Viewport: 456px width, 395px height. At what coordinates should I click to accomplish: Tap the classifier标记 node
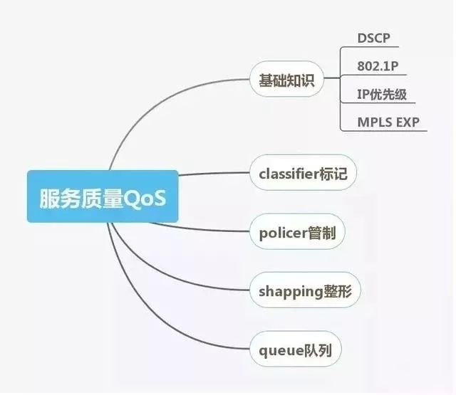(303, 173)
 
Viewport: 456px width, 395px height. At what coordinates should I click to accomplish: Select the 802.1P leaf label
(378, 66)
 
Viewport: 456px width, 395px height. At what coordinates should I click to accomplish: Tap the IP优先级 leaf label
(383, 94)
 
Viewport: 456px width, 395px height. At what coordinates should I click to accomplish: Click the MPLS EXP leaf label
(388, 122)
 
